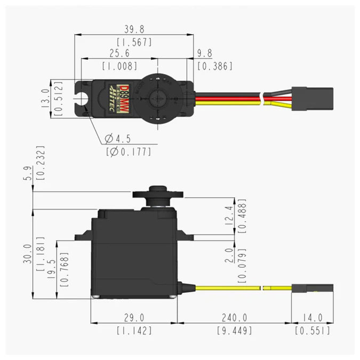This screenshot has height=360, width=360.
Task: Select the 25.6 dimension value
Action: pyautogui.click(x=119, y=54)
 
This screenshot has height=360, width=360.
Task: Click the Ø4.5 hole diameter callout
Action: pyautogui.click(x=119, y=139)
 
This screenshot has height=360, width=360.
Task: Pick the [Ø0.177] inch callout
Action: pyautogui.click(x=128, y=152)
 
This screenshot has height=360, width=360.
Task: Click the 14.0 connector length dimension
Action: pyautogui.click(x=311, y=318)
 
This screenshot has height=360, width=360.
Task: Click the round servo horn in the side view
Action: pyautogui.click(x=158, y=195)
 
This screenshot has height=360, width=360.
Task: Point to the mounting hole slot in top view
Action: pyautogui.click(x=82, y=98)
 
